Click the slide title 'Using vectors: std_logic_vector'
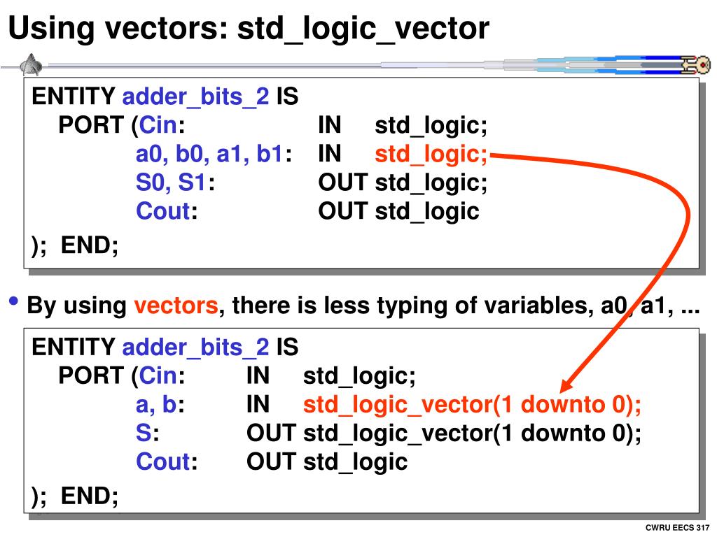click(x=249, y=28)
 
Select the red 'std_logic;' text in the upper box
click(x=431, y=155)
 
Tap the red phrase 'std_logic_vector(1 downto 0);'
click(x=473, y=405)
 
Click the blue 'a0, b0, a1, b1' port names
click(x=209, y=155)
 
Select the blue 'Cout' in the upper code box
click(x=163, y=210)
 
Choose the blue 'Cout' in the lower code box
click(x=163, y=461)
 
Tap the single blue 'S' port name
click(x=143, y=433)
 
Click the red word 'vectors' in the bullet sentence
click(x=176, y=306)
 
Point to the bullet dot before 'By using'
click(x=14, y=303)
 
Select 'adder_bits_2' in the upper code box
click(x=196, y=96)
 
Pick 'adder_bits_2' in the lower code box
click(x=196, y=347)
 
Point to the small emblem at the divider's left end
click(x=30, y=65)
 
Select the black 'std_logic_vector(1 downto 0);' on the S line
click(x=473, y=433)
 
